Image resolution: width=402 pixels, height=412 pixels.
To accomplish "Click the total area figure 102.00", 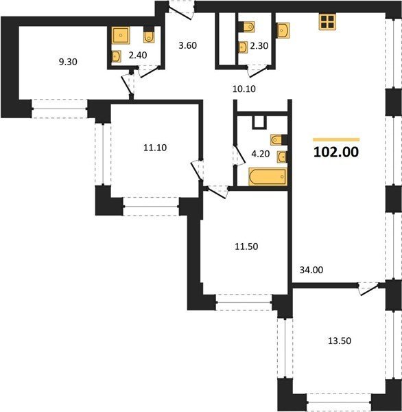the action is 336,152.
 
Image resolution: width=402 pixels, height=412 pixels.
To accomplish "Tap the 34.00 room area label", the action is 311,270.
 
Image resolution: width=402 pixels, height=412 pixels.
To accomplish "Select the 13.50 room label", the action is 340,341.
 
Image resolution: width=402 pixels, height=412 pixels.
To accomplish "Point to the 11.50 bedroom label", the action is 246,247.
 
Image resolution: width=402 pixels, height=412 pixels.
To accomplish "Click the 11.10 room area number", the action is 155,148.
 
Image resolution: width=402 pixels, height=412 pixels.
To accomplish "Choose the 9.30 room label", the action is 68,62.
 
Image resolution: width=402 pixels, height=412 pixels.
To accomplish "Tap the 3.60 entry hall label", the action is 187,45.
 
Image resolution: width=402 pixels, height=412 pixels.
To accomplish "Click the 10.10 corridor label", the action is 244,89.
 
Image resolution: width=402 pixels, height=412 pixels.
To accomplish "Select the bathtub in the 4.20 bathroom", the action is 268,176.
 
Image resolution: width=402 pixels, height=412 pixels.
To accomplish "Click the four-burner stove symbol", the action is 327,22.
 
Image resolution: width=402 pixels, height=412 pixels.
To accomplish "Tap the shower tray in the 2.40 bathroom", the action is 121,35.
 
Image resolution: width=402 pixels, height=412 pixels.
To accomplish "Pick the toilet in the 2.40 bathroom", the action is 149,36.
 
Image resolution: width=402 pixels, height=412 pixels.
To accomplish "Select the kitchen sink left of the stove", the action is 283,30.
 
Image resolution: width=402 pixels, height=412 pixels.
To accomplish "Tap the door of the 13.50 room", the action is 369,288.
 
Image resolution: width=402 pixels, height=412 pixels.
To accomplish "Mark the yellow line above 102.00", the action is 336,140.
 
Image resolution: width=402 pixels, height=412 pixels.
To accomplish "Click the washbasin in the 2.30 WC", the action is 243,47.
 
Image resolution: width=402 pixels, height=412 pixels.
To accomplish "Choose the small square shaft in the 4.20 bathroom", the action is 259,123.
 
